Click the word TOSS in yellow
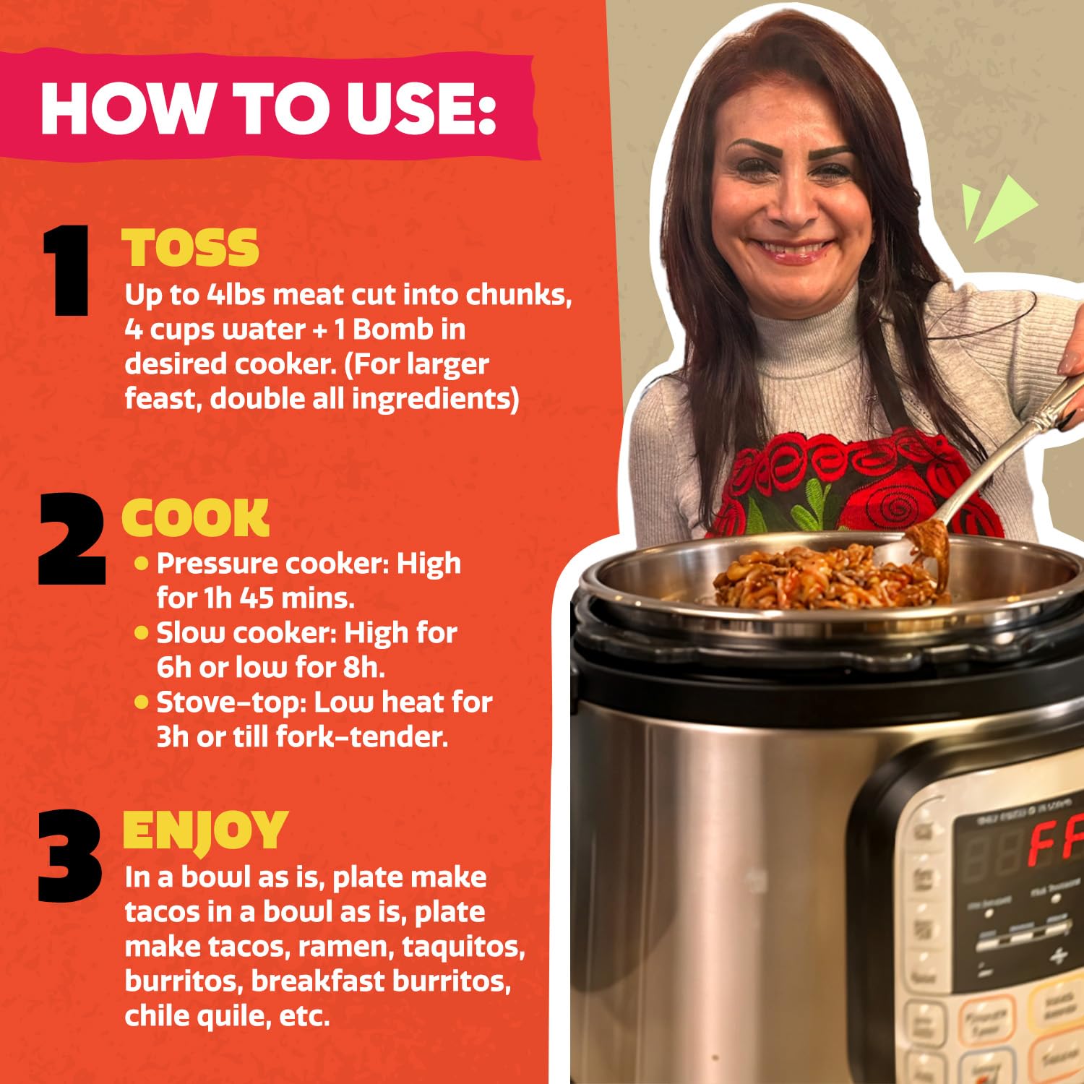click(x=190, y=248)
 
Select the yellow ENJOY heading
click(x=205, y=830)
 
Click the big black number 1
click(x=66, y=270)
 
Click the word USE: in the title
click(x=421, y=108)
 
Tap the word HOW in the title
click(x=124, y=108)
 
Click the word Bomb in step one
click(x=393, y=330)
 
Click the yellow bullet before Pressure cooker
click(x=142, y=563)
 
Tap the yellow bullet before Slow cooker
click(x=142, y=633)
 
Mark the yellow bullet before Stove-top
click(x=142, y=702)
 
